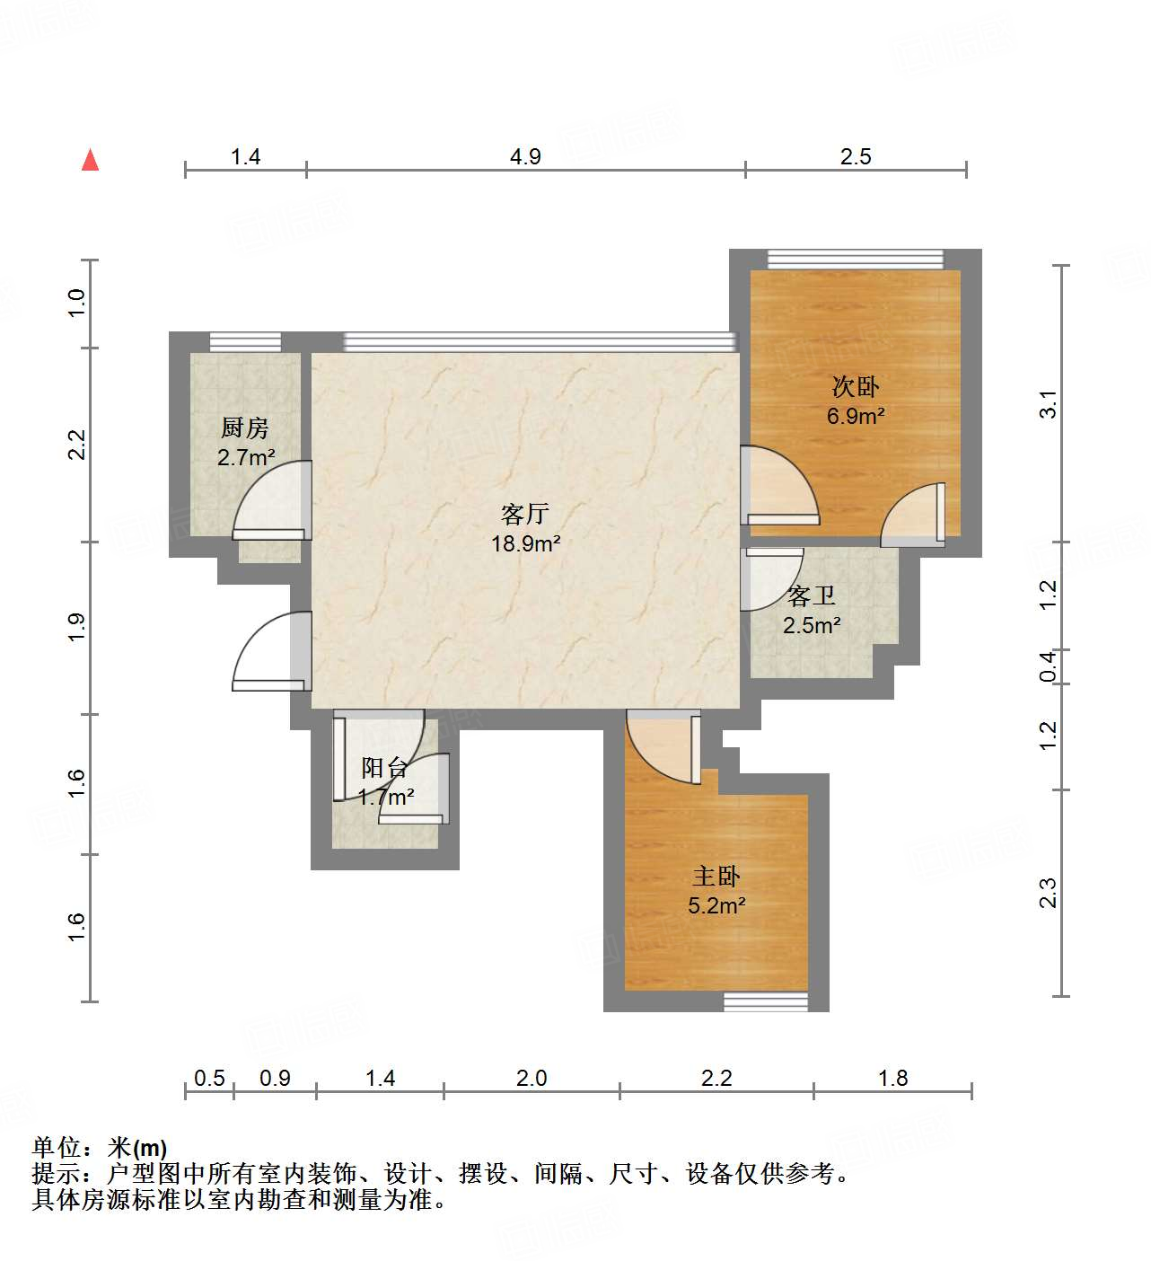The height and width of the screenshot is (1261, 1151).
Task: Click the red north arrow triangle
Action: click(91, 160)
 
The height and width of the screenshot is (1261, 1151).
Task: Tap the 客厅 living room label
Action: click(525, 515)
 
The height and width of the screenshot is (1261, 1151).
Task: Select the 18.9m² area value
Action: click(525, 543)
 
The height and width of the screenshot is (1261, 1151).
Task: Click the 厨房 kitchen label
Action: click(244, 428)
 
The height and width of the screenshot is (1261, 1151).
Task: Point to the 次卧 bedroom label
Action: click(855, 386)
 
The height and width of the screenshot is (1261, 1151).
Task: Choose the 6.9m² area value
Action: click(856, 416)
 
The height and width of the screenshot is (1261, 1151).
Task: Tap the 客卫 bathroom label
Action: click(811, 596)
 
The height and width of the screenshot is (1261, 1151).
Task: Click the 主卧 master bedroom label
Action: click(716, 877)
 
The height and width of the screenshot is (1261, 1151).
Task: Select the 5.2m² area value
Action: click(716, 905)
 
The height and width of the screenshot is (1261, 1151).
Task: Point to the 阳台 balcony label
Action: click(385, 768)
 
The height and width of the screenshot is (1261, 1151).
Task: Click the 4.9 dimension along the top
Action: click(525, 156)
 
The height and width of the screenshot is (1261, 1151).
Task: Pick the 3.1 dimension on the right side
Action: click(1048, 403)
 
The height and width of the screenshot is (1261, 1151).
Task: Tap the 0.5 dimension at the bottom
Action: click(209, 1078)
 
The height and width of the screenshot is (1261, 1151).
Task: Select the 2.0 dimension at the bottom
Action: click(532, 1078)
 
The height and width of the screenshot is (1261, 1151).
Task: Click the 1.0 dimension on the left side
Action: click(76, 303)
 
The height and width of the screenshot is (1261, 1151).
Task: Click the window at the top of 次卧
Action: click(856, 259)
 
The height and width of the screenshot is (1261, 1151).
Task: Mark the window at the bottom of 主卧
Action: click(765, 1002)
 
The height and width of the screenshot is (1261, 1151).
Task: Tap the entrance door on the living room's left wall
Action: click(271, 651)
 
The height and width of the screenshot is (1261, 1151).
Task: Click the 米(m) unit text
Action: click(136, 1148)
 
